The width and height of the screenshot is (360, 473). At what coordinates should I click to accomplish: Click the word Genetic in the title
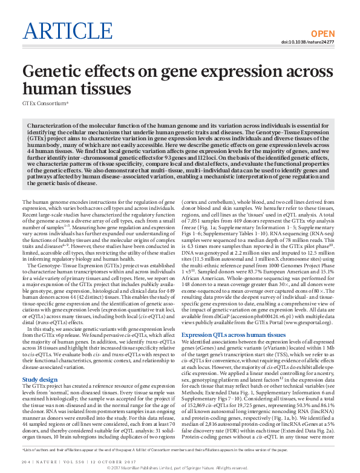(x=53, y=74)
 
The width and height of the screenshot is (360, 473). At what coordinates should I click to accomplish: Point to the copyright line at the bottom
(x=180, y=468)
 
